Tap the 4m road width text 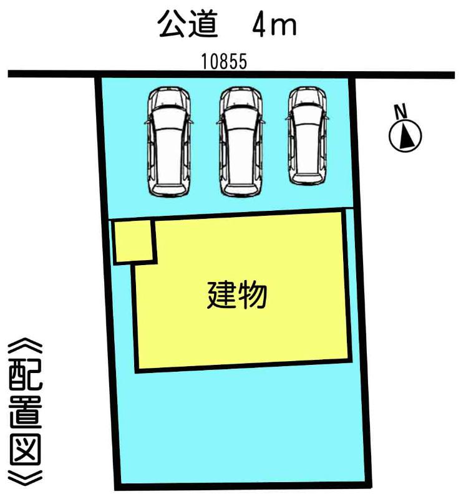coord(274,26)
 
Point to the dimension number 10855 coord(224,61)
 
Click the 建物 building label coord(237,295)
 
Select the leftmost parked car coord(168,142)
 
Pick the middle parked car coord(240,142)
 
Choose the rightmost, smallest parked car coord(307,136)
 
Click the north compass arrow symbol coord(405,135)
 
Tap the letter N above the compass coord(401,111)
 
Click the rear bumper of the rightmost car coord(306,180)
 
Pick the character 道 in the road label coord(204,25)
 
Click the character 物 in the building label coord(253,295)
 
